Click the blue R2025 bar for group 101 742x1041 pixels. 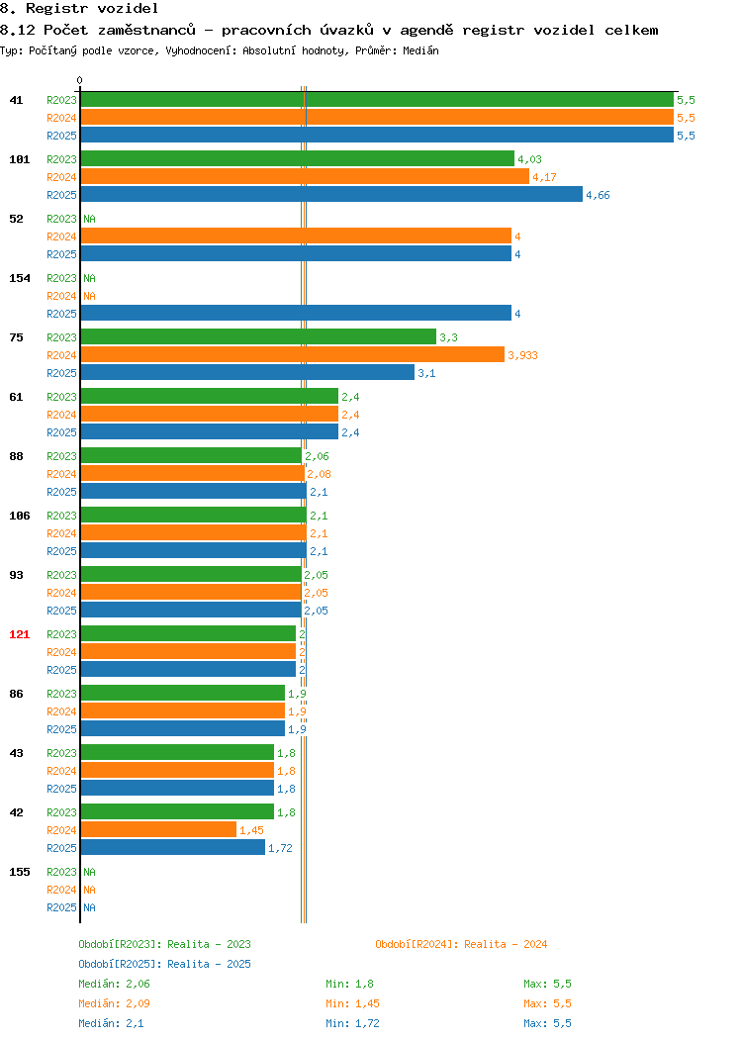[x=331, y=194]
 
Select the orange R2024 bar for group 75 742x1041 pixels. [x=293, y=354]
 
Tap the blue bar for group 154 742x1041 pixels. [x=296, y=313]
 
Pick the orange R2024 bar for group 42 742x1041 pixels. [x=158, y=829]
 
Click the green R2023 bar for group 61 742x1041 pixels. [x=210, y=397]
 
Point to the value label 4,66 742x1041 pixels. [x=598, y=195]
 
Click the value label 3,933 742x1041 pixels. [x=523, y=356]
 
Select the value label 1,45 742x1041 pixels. [x=251, y=830]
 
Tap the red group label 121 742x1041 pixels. [x=19, y=634]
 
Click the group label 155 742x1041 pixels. [x=19, y=873]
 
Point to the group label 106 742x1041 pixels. [x=19, y=516]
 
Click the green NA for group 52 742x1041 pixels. [x=90, y=219]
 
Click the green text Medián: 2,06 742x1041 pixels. [x=114, y=984]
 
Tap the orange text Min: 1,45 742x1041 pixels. [x=352, y=1003]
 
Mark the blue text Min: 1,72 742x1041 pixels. [x=352, y=1024]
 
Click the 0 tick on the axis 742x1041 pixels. [x=80, y=80]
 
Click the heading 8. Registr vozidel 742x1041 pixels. [x=79, y=9]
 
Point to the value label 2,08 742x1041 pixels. [x=319, y=475]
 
